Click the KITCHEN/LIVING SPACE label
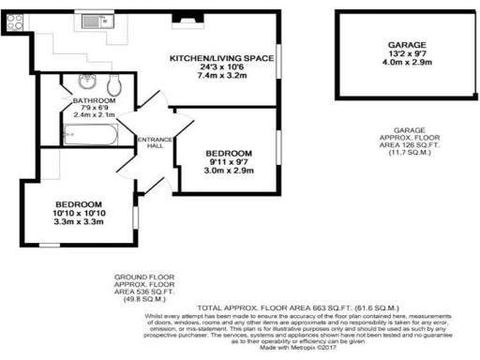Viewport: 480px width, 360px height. point(221,59)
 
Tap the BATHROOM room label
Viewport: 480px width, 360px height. point(97,100)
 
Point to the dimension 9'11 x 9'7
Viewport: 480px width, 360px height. point(230,162)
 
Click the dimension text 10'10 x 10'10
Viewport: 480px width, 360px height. point(72,214)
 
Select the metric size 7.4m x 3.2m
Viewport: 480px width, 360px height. point(221,78)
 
